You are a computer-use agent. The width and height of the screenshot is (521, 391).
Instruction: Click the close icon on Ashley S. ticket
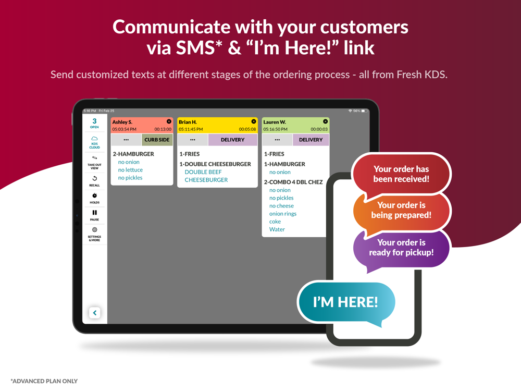coord(169,121)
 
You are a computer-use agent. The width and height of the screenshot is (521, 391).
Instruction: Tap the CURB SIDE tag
coord(157,140)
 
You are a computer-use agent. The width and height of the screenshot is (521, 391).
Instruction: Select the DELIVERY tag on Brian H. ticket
coord(232,140)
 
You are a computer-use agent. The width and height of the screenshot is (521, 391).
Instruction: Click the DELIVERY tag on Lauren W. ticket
coord(311,140)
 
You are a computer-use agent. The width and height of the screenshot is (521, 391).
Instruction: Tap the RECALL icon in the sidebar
coord(94,178)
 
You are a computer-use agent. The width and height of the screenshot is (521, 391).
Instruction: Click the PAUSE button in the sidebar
coord(94,213)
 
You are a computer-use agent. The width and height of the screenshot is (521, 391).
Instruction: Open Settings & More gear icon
coord(94,230)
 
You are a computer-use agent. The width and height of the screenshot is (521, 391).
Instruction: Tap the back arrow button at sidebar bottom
coord(95,312)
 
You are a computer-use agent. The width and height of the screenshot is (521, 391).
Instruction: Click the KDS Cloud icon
coord(94,138)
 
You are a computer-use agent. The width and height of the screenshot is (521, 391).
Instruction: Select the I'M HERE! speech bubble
coord(345,302)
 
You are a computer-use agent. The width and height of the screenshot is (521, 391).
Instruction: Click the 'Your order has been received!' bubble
coord(401,174)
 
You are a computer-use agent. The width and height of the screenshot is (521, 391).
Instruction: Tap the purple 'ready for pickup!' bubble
coord(401,247)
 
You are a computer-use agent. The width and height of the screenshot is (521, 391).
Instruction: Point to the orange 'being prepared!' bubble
coord(401,210)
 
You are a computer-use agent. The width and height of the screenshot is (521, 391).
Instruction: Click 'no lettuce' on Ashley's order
coord(130,170)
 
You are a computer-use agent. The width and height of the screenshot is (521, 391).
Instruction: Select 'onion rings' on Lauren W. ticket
coord(283,214)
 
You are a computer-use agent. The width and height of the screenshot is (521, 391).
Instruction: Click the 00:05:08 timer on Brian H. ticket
coord(247,129)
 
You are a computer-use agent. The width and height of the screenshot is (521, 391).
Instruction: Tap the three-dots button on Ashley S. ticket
coord(126,140)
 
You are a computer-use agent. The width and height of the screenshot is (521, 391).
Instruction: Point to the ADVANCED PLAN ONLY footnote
coord(44,381)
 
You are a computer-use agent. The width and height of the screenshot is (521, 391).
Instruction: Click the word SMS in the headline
coord(196,48)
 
